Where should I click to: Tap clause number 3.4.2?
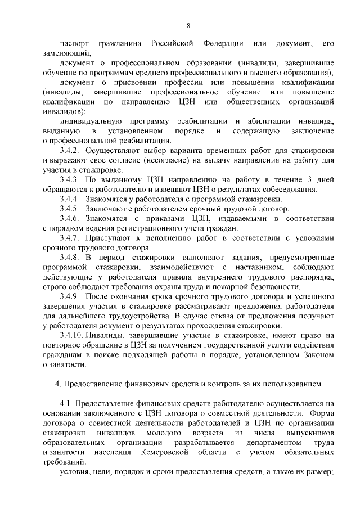[x=70, y=150]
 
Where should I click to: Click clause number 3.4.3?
[x=70, y=179]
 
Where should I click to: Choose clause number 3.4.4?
[x=70, y=199]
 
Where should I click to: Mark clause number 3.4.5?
[x=70, y=209]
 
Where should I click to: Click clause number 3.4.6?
[x=70, y=218]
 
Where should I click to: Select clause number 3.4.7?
[x=70, y=238]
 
